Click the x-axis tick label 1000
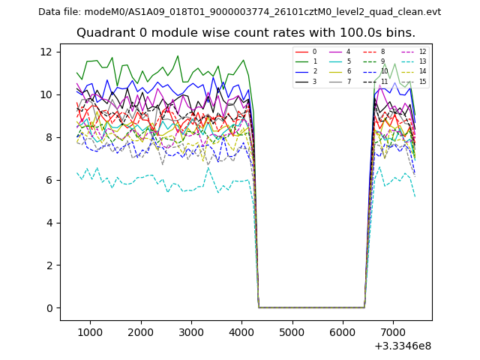(x=90, y=331)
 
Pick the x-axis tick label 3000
(x=191, y=331)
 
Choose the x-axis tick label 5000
(x=292, y=331)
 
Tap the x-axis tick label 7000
(x=393, y=331)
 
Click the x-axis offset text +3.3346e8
(x=402, y=346)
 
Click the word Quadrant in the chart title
(x=103, y=33)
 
